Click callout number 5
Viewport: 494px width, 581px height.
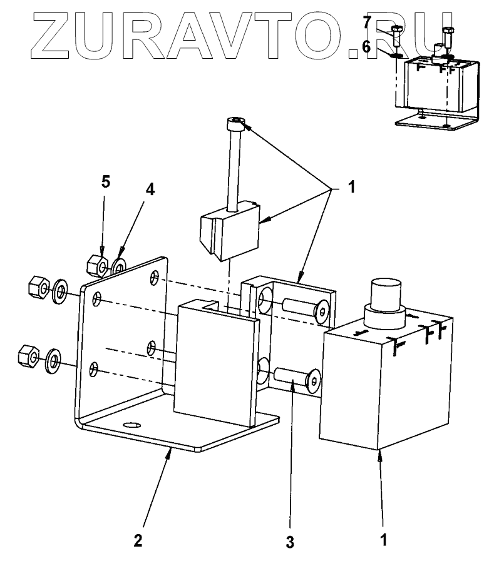pos(106,182)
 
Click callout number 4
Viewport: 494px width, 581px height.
pos(150,190)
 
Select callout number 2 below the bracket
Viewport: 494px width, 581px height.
pos(138,540)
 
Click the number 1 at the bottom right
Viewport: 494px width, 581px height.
pos(384,538)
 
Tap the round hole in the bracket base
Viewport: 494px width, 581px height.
pos(132,425)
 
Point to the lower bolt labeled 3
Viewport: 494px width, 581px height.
pos(296,378)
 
